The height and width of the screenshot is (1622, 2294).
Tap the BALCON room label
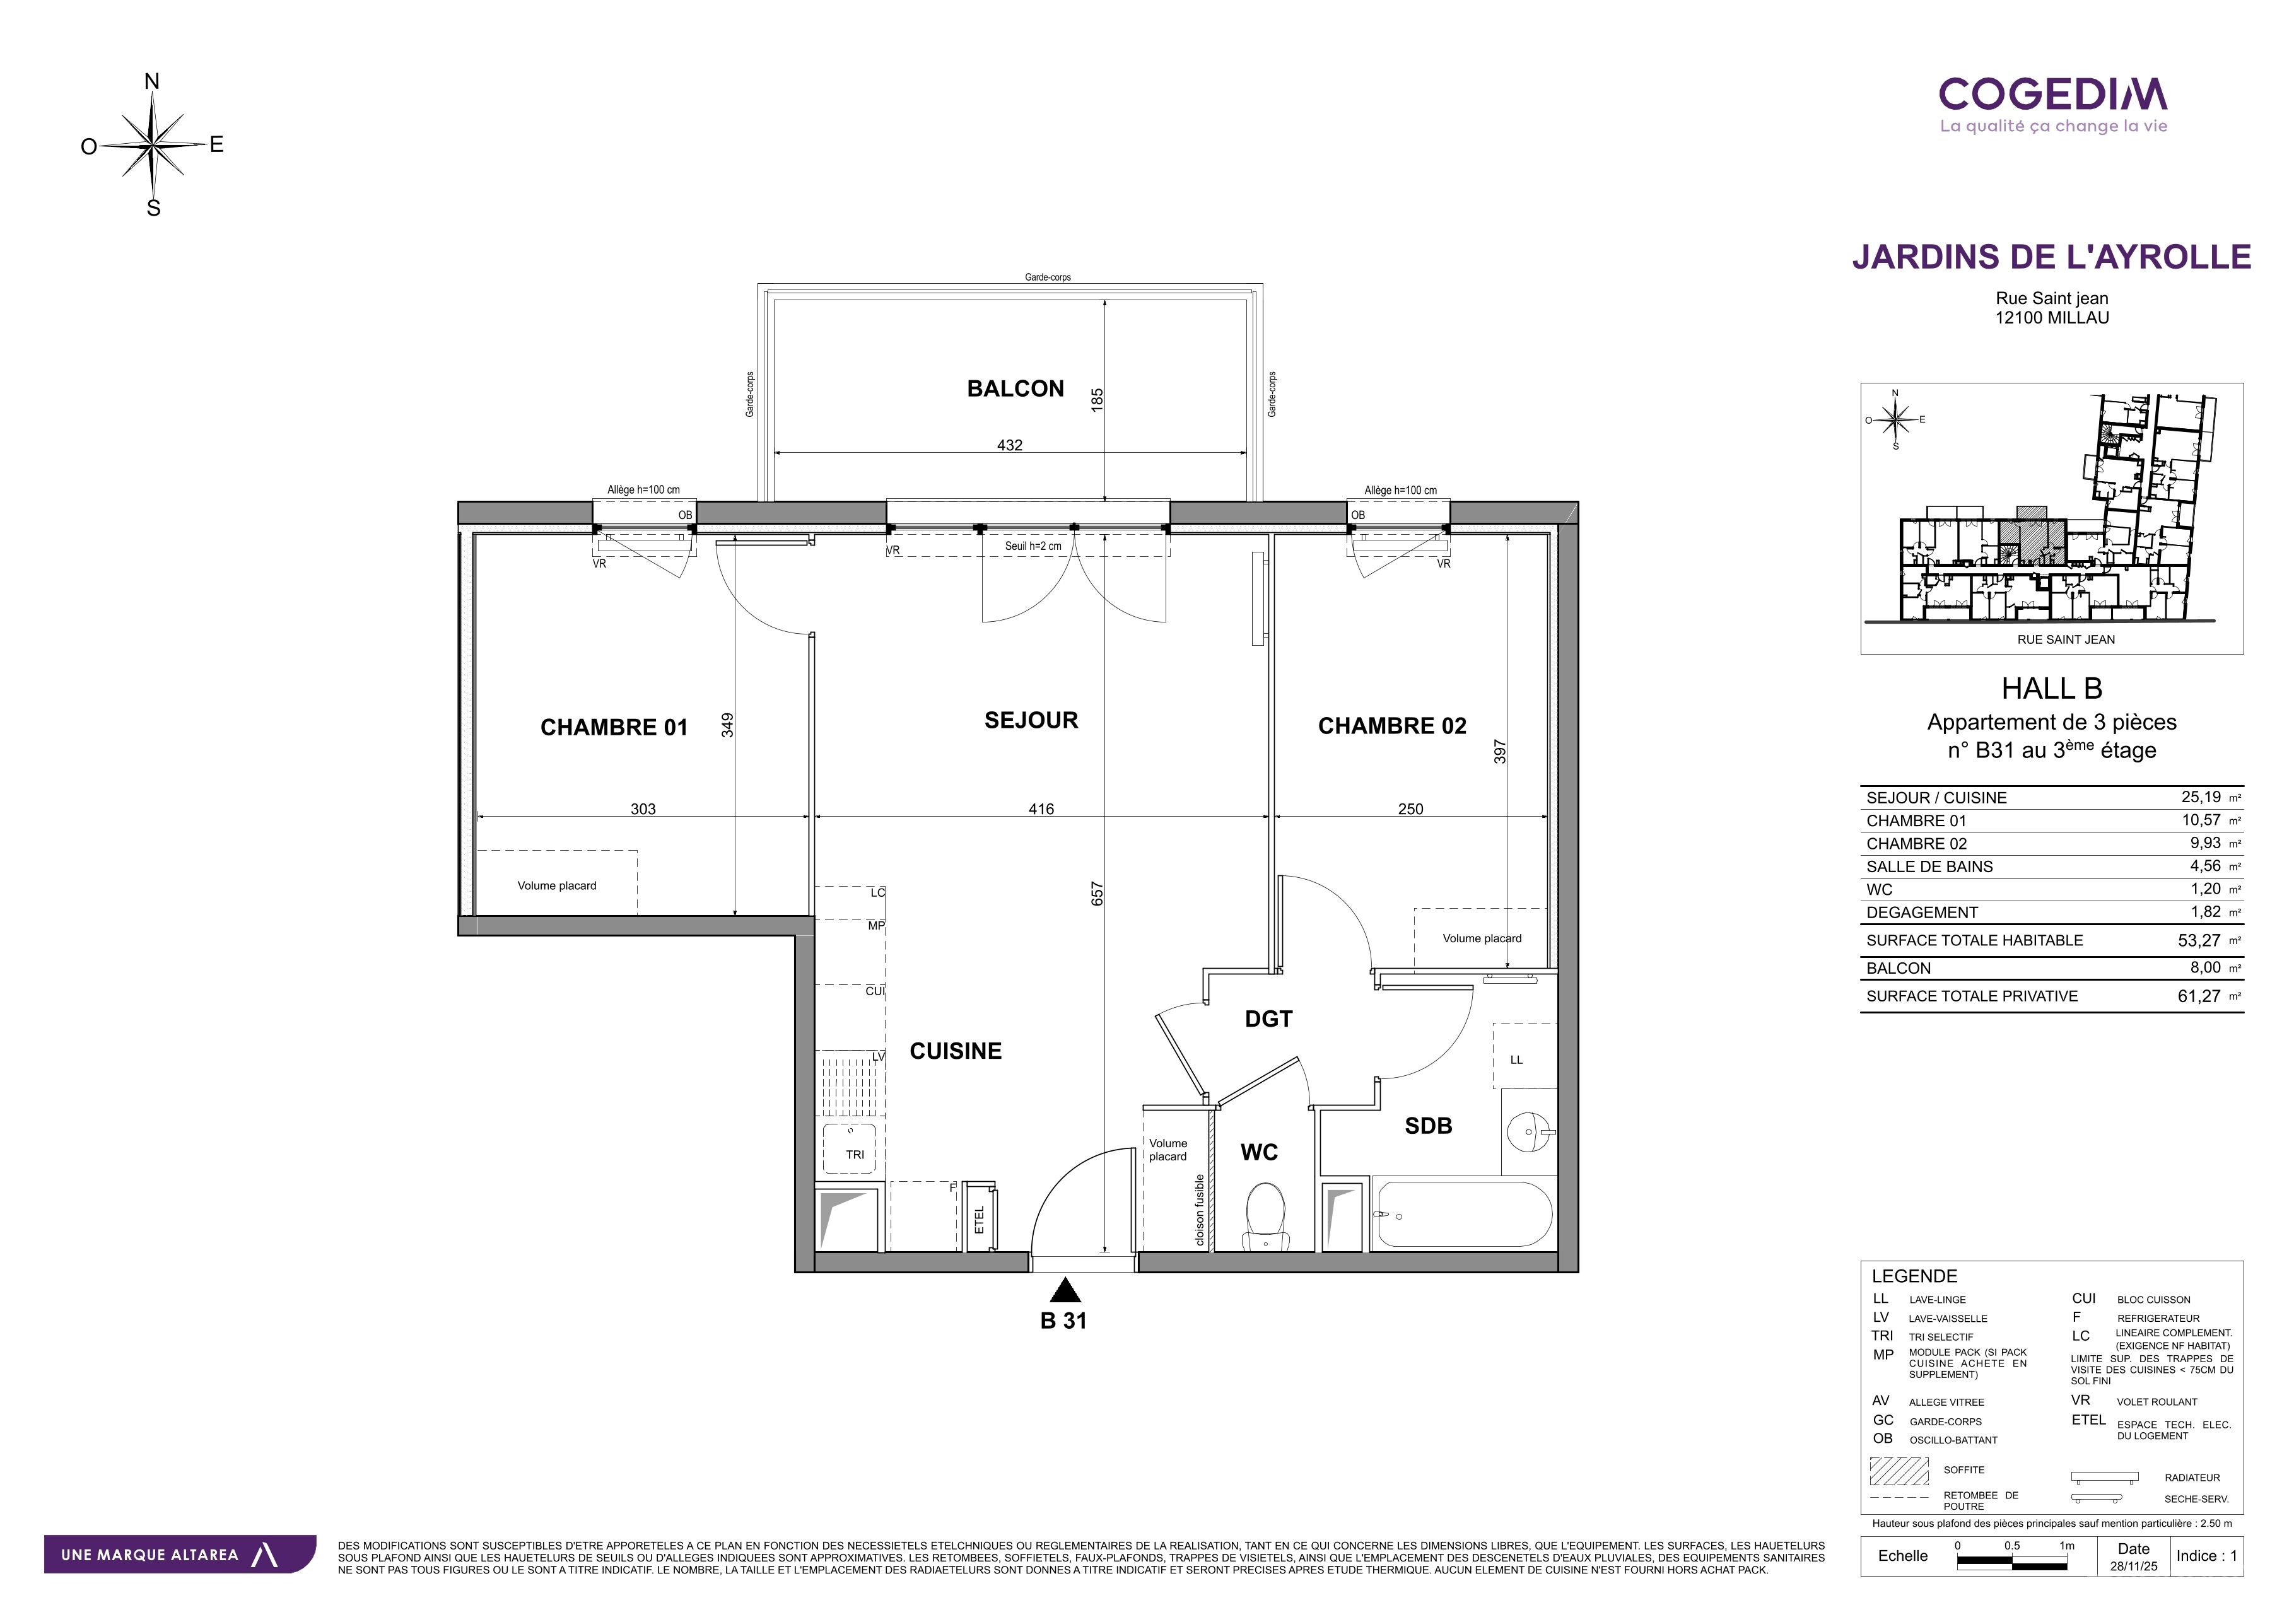(x=1015, y=388)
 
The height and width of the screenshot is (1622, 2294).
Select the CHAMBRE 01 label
(x=614, y=727)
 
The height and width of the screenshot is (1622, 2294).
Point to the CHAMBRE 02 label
(x=1392, y=726)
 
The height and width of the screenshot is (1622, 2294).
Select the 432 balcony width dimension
(x=1010, y=445)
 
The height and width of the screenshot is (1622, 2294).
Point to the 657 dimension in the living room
(x=1097, y=893)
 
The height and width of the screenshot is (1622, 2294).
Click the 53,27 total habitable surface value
(x=2199, y=940)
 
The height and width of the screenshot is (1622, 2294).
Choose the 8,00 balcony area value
(x=2205, y=967)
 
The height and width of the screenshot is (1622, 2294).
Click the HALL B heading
(x=2052, y=689)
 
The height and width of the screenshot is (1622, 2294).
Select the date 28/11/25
(x=2133, y=1566)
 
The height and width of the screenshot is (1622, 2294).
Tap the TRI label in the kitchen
(x=855, y=1155)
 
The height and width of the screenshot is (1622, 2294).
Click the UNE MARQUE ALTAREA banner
(x=180, y=1554)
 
